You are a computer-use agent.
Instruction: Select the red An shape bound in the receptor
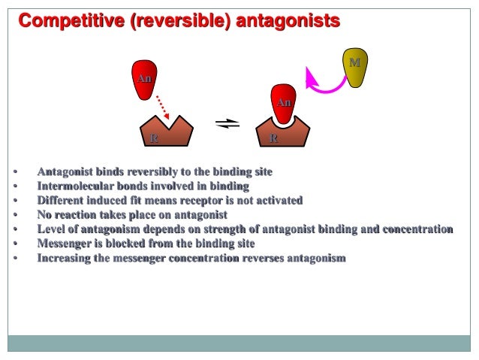[283, 105]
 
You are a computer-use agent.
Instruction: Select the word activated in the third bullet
[276, 201]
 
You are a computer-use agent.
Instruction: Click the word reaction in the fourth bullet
[79, 215]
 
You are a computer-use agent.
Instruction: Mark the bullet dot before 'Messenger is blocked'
[16, 244]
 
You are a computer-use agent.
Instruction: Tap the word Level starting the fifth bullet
[52, 229]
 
